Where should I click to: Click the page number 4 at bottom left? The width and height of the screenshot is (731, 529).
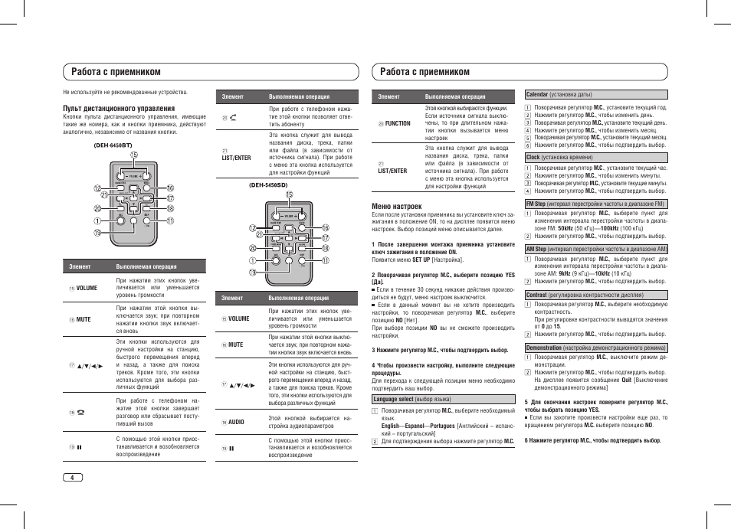(72, 478)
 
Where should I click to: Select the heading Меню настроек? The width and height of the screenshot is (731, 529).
(396, 206)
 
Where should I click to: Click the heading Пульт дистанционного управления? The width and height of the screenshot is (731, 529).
(119, 109)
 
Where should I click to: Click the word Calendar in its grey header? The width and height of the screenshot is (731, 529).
(536, 95)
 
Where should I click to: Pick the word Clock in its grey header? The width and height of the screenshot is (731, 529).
(533, 157)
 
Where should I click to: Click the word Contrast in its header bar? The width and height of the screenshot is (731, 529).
(536, 295)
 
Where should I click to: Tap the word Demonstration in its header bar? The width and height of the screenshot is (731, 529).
(543, 348)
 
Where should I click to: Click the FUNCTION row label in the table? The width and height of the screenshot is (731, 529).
(398, 123)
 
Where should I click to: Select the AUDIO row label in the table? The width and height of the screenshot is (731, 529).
(236, 421)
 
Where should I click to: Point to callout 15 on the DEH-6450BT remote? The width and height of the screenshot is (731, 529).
(133, 155)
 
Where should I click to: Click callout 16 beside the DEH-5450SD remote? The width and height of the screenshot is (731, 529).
(325, 228)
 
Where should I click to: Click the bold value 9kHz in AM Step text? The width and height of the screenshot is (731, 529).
(565, 273)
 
